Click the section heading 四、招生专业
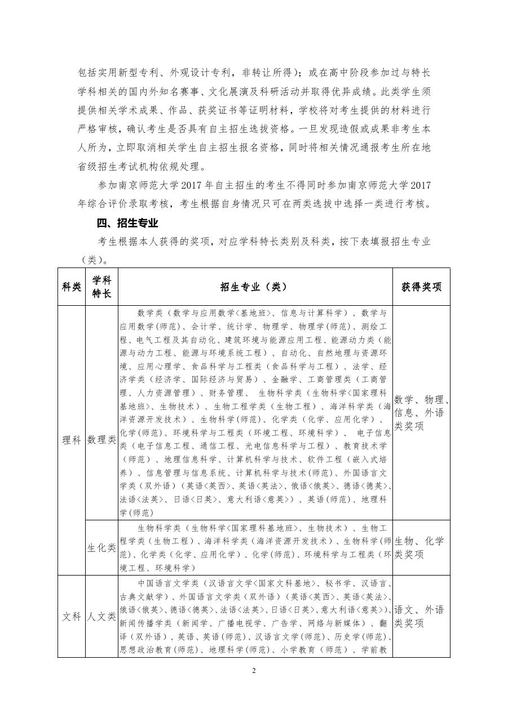(x=127, y=224)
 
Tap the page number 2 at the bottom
(x=254, y=670)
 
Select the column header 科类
(x=71, y=287)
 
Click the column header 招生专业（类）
(x=254, y=287)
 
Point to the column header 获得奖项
(x=421, y=287)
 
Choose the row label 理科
(x=71, y=440)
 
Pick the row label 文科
(x=71, y=616)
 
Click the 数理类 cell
(x=101, y=440)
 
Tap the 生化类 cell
(x=101, y=547)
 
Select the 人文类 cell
(x=101, y=616)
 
